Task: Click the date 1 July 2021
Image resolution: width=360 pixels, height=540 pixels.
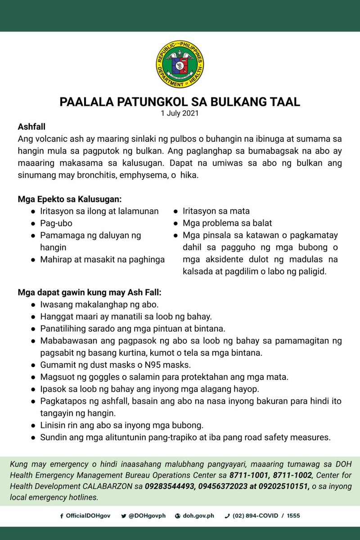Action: coord(180,113)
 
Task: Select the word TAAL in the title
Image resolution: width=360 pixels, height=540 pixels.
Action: coord(282,102)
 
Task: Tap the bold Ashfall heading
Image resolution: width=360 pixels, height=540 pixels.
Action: coord(31,127)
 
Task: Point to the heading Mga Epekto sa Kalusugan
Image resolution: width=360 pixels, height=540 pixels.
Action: coord(70,198)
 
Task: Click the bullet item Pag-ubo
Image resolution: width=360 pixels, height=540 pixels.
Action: coord(56,223)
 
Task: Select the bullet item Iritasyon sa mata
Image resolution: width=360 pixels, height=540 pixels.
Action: coord(216,211)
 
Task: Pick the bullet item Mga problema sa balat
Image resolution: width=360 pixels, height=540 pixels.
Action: coord(227,223)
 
